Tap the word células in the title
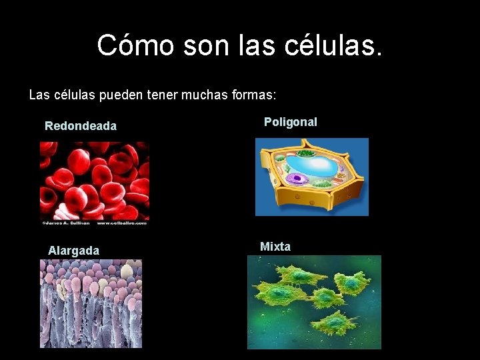click(x=334, y=45)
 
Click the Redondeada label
click(x=81, y=126)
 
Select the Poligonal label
click(x=291, y=122)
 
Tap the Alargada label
click(x=73, y=251)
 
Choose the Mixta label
click(x=275, y=247)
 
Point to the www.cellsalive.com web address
click(x=123, y=223)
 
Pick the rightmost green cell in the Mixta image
click(x=351, y=284)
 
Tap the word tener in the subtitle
click(x=157, y=95)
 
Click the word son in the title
click(x=199, y=45)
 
